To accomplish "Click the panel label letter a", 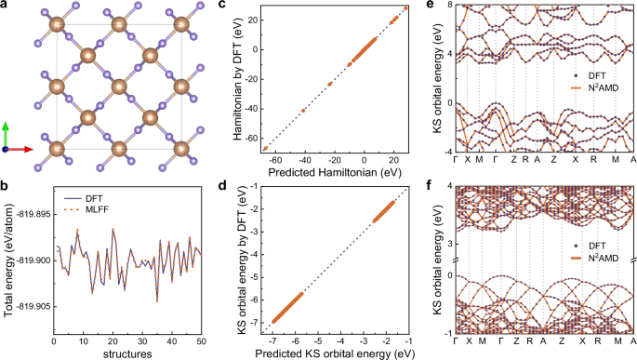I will pyautogui.click(x=6, y=7).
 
